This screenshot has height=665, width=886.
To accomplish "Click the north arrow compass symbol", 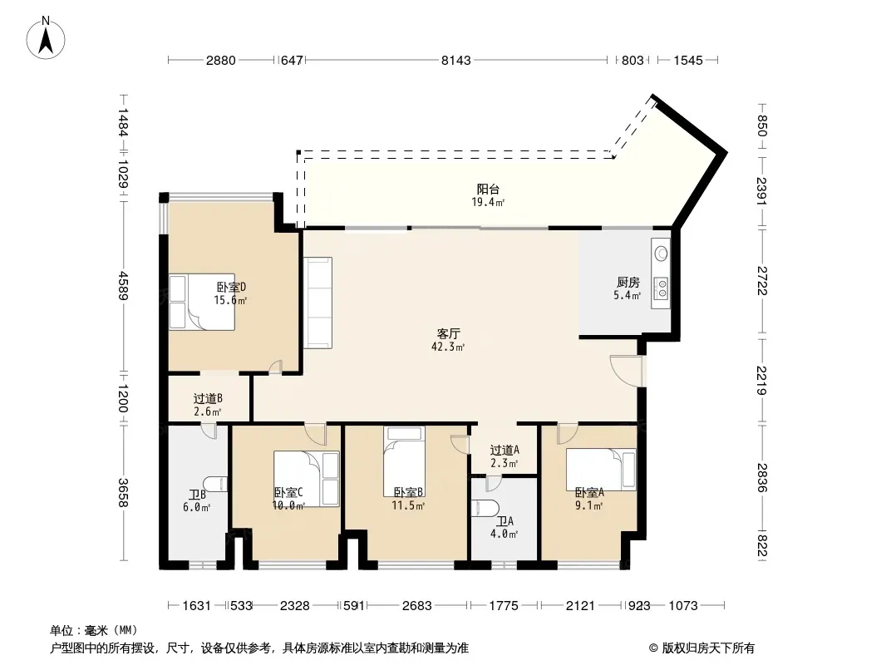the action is [x=46, y=38].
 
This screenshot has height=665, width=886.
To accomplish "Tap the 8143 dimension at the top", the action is [x=456, y=61].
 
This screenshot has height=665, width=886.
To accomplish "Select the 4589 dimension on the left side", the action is [x=123, y=286].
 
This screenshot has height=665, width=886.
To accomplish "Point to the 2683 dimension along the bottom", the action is [x=417, y=606].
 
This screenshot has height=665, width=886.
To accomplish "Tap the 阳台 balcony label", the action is [x=488, y=190].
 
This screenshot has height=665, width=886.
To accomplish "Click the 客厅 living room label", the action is [x=448, y=334].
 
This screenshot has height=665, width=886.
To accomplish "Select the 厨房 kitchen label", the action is [x=628, y=283].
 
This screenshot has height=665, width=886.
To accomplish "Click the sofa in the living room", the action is [x=317, y=303].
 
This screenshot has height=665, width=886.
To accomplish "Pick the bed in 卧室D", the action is [x=202, y=303].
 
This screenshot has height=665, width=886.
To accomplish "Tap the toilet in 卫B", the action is [x=215, y=484].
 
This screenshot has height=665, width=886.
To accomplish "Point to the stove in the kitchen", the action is [x=660, y=288].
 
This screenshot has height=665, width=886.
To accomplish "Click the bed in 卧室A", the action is [x=601, y=470].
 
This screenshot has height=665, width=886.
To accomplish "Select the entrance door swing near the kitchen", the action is [x=626, y=371].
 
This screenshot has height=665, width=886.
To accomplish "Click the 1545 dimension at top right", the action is [x=688, y=61].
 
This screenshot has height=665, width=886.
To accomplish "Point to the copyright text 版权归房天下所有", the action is [x=708, y=648].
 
